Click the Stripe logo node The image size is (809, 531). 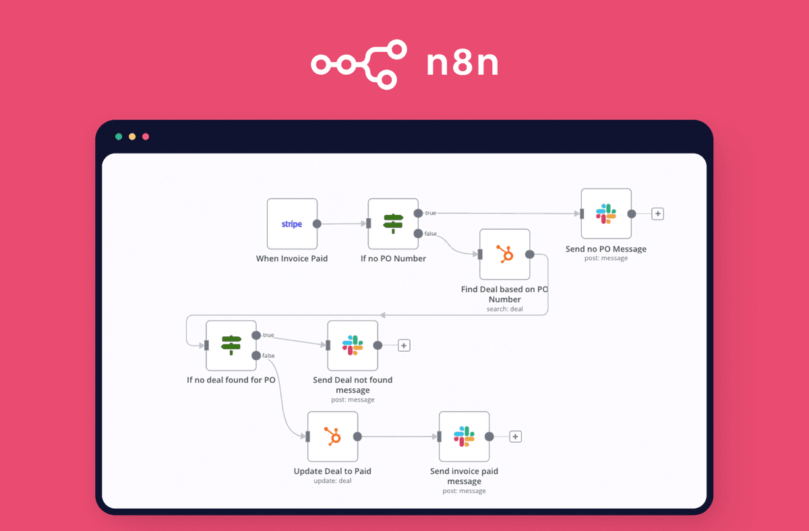click(x=292, y=224)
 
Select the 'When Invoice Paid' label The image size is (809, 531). click(x=292, y=259)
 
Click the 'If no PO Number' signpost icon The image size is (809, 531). click(x=393, y=224)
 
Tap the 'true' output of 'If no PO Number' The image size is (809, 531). click(x=419, y=213)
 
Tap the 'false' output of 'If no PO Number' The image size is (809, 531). click(x=419, y=233)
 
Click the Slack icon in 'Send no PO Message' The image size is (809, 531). click(x=606, y=214)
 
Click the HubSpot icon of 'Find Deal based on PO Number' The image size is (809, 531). click(x=504, y=254)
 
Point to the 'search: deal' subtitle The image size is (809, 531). click(x=504, y=309)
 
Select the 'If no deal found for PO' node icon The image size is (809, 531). click(x=231, y=345)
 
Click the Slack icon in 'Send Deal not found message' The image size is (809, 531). click(x=353, y=345)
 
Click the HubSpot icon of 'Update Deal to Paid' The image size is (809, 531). click(x=332, y=437)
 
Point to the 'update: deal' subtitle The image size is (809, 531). click(x=332, y=480)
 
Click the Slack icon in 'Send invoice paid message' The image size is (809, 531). click(x=464, y=437)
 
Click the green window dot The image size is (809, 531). click(x=119, y=137)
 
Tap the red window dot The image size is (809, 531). click(x=146, y=137)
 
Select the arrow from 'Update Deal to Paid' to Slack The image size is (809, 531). click(x=398, y=437)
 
